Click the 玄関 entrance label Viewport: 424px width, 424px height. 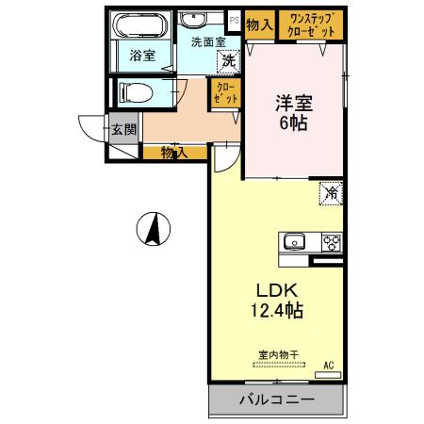coord(123,128)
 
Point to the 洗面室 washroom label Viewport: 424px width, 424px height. coord(207,42)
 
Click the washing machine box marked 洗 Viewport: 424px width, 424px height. coord(229,61)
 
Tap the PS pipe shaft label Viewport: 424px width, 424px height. coord(233,17)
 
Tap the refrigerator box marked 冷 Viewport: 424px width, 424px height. coord(332,193)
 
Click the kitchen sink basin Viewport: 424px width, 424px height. coord(296,241)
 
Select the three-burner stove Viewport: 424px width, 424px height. coord(331,241)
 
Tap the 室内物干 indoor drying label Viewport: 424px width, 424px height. coord(278,355)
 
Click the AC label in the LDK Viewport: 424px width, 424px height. coord(329,364)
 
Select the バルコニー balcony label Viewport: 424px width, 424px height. coord(275,400)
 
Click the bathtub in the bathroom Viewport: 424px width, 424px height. coord(141,25)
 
